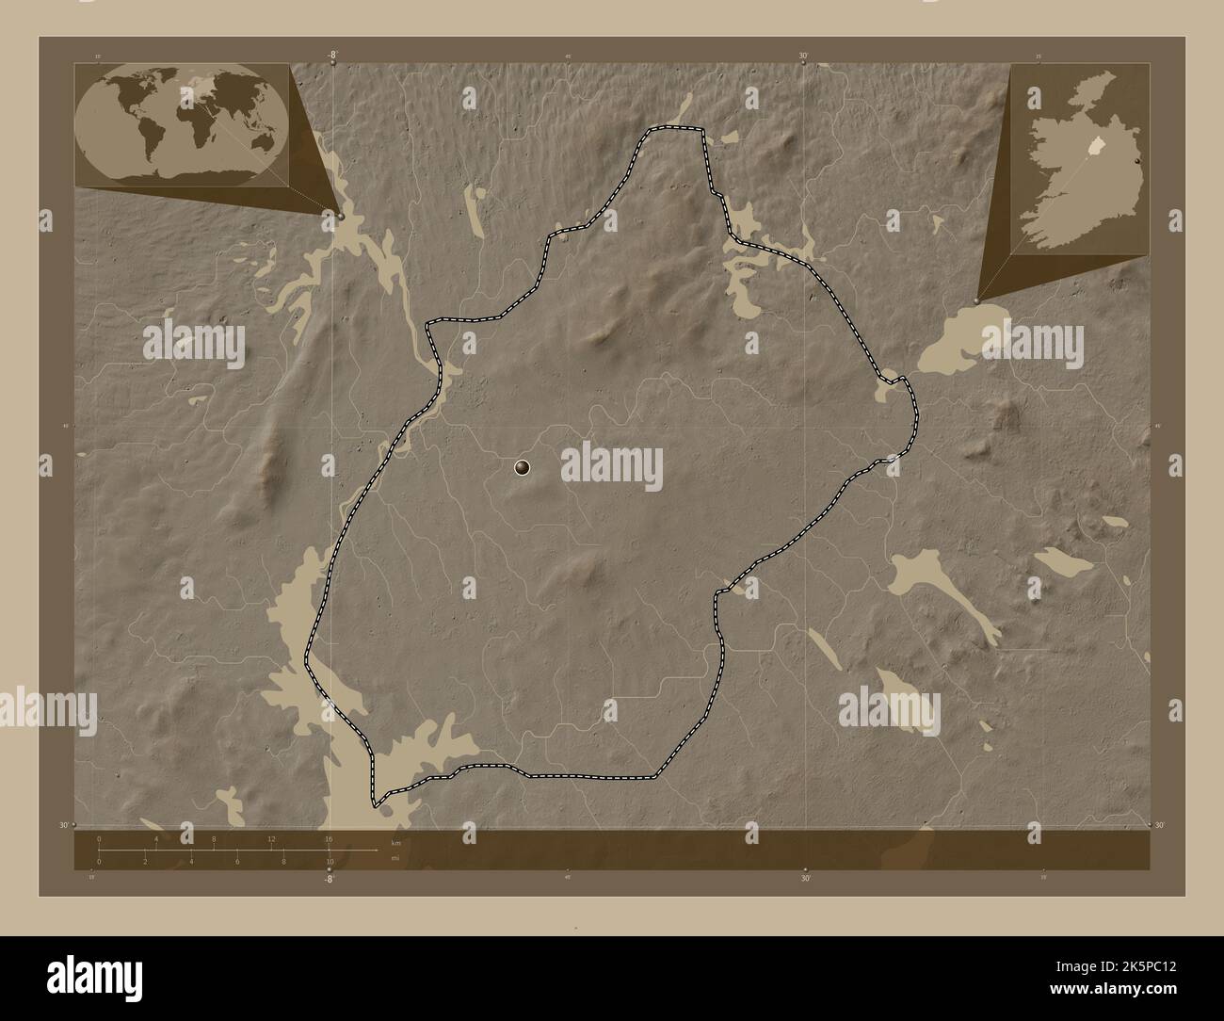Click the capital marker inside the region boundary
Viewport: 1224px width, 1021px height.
(523, 466)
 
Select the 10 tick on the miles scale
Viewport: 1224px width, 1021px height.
(330, 861)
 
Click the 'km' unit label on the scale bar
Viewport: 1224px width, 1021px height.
(395, 843)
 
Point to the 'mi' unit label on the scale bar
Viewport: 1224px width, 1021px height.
(395, 858)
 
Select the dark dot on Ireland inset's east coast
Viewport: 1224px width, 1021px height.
(1138, 160)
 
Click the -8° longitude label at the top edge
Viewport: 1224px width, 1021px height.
(332, 56)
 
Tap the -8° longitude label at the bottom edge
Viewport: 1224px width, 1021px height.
(329, 879)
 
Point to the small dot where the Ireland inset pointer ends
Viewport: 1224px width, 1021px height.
(976, 300)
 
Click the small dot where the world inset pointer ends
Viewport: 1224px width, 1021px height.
(341, 217)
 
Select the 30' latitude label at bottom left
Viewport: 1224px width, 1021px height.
(63, 825)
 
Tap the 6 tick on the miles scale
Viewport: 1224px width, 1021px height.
(237, 861)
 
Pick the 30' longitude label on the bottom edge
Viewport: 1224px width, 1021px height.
(806, 879)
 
